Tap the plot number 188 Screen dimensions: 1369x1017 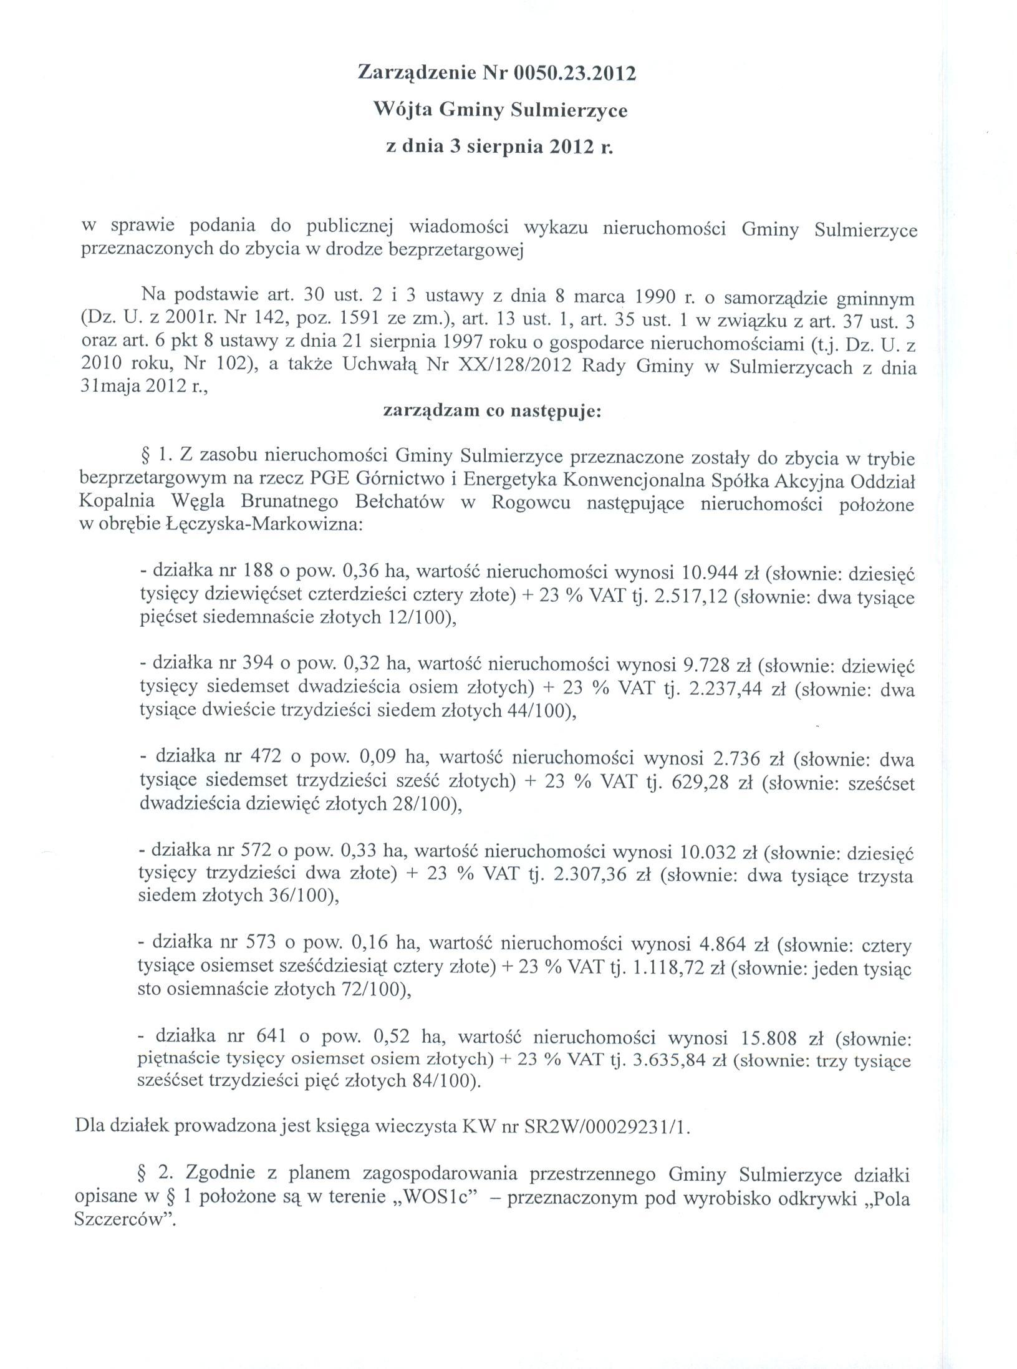pos(253,571)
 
